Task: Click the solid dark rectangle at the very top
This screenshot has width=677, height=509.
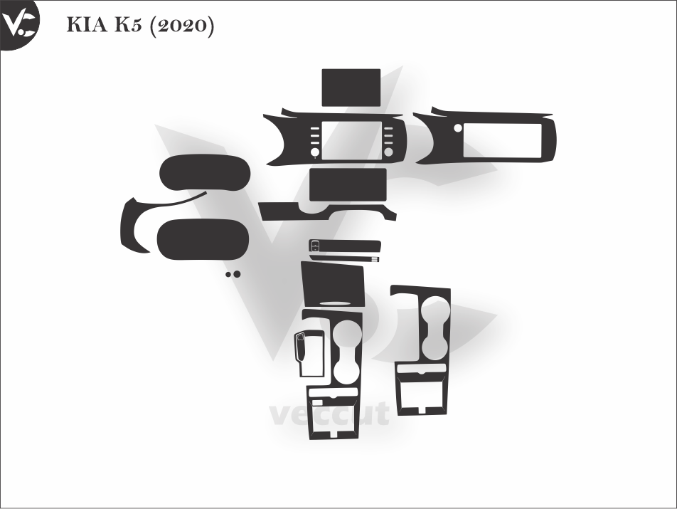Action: coord(351,87)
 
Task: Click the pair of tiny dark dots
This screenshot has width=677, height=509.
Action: coord(232,273)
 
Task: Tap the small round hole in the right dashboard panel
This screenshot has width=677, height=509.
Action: coord(459,129)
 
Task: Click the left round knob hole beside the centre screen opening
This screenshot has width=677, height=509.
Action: coord(314,152)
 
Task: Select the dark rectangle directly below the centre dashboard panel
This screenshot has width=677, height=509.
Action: coord(348,186)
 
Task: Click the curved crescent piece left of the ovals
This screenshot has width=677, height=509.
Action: coord(135,224)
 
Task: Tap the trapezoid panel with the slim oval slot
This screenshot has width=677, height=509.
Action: coord(332,283)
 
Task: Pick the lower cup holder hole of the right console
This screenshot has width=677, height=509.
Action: coord(432,345)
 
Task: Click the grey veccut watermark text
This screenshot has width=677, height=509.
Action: coord(329,413)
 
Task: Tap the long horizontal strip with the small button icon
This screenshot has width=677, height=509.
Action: coord(344,247)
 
